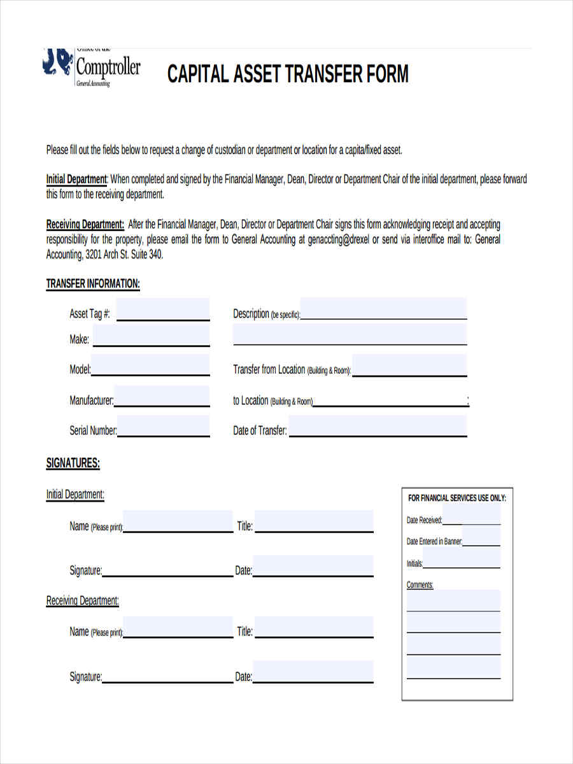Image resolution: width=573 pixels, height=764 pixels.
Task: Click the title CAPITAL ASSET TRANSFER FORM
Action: (x=288, y=74)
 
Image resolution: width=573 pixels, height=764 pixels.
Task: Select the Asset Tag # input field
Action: (x=163, y=310)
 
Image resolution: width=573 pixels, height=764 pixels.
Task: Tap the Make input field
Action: (x=151, y=336)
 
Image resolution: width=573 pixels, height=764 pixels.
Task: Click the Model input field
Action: (x=150, y=366)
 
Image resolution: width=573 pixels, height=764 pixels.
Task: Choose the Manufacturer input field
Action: (x=162, y=397)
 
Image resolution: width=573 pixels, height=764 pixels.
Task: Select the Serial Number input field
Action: (x=164, y=427)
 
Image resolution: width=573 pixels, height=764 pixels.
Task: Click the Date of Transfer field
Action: (x=378, y=427)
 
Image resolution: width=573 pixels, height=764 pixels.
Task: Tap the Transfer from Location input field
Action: (x=409, y=367)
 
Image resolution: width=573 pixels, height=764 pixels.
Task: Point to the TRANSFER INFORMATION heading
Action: (x=93, y=284)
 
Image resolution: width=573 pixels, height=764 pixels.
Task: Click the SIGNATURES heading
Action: (x=73, y=463)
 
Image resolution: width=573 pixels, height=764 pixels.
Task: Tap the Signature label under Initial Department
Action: (x=85, y=570)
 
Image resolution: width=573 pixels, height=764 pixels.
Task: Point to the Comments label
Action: (x=420, y=584)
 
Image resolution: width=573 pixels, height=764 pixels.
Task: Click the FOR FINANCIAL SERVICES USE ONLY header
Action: (x=456, y=498)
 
